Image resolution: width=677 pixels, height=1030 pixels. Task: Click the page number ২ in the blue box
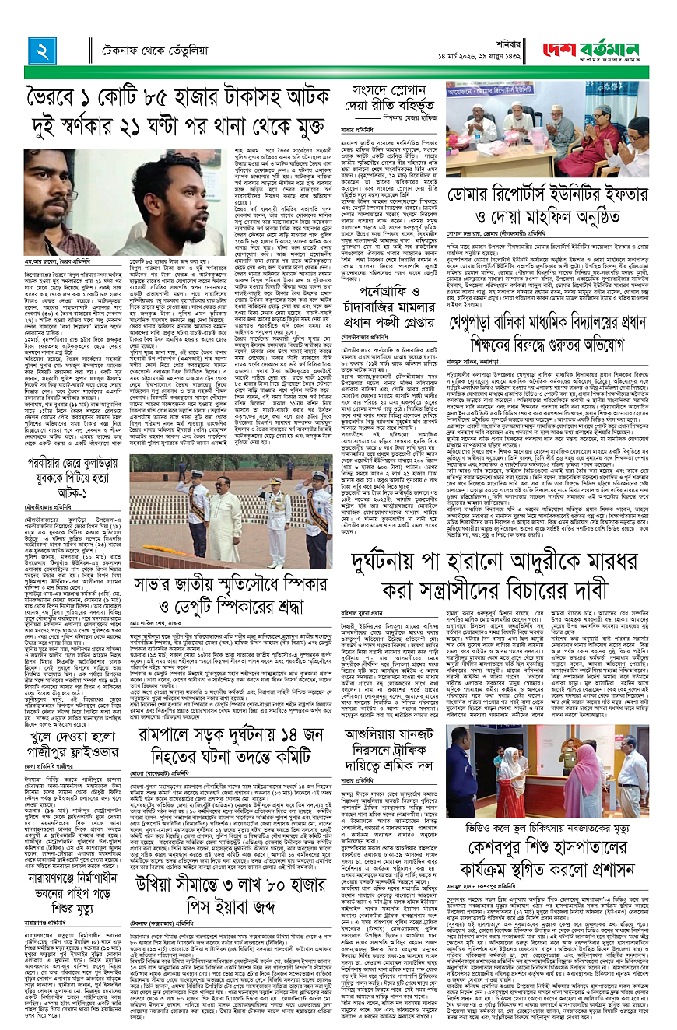40,53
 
